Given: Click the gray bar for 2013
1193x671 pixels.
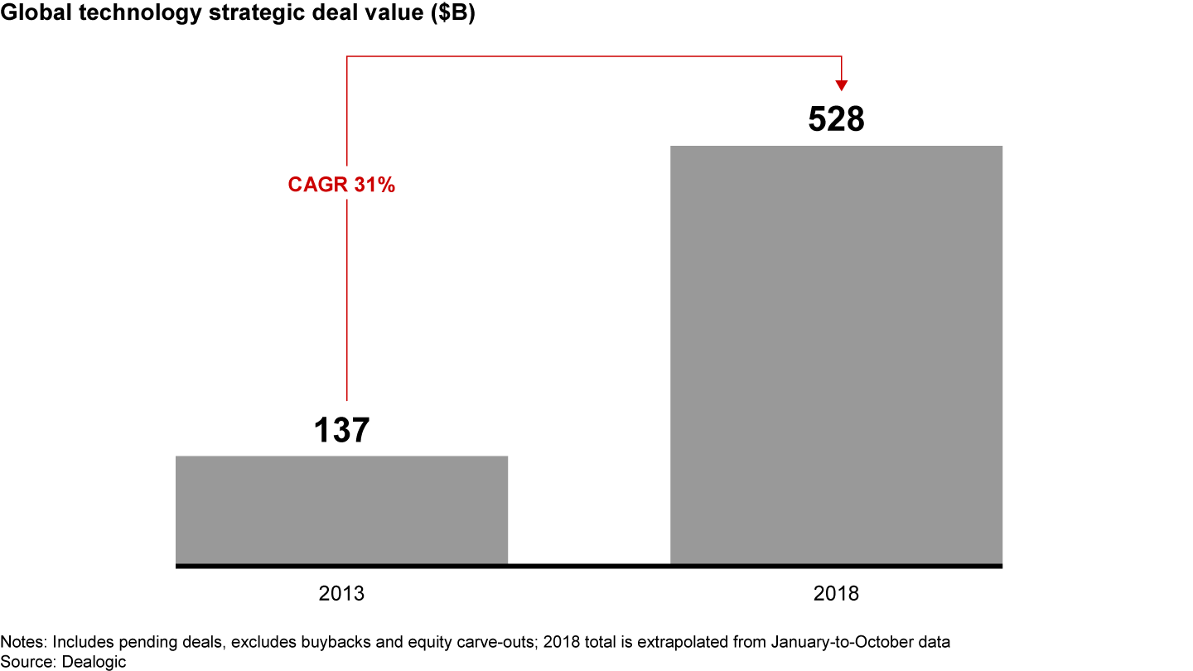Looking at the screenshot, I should (x=341, y=509).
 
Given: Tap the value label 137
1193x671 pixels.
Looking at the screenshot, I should (x=341, y=431).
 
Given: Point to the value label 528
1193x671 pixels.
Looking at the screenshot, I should (x=836, y=120).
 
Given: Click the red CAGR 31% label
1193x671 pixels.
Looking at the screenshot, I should (x=341, y=185).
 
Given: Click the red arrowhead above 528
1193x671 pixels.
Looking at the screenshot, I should (x=842, y=84).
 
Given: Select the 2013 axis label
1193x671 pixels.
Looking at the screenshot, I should (x=341, y=594).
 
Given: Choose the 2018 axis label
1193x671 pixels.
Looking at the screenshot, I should (x=836, y=594).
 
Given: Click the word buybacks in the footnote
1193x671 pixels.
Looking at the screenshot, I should (x=306, y=642).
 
